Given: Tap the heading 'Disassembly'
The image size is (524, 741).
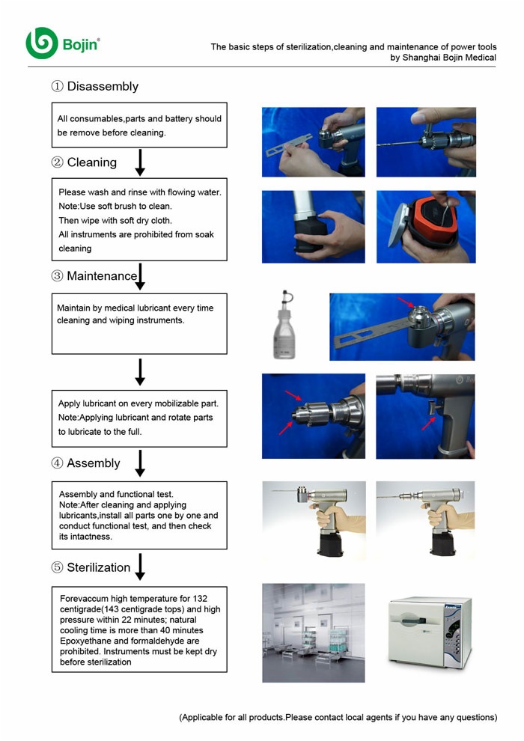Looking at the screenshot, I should tap(103, 86).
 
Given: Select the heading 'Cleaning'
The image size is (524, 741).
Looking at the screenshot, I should tap(91, 162).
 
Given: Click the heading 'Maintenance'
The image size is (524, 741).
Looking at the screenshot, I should tap(102, 276).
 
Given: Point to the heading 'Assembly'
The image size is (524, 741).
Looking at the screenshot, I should tap(93, 463).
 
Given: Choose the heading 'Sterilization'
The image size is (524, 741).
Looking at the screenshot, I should tap(98, 567).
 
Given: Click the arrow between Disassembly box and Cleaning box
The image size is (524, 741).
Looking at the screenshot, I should tap(139, 162).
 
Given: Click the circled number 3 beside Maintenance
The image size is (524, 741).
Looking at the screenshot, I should tap(57, 276).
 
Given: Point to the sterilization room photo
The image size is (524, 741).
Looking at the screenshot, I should tap(313, 632).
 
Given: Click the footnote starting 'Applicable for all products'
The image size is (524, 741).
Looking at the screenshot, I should tap(338, 717).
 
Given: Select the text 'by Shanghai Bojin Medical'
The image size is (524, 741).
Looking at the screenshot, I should tap(443, 57).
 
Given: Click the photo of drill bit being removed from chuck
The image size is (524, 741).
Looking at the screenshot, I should tap(425, 141).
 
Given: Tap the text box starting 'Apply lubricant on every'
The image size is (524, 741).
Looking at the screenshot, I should tap(138, 418).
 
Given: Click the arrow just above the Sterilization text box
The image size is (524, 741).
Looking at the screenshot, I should tap(139, 567).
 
